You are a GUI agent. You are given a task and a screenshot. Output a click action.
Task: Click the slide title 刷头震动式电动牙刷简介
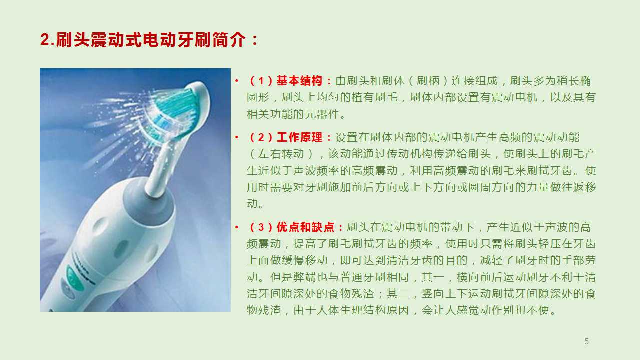click(x=151, y=39)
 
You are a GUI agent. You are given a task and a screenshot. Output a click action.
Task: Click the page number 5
click(x=586, y=341)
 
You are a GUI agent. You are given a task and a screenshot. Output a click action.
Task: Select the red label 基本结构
click(x=299, y=81)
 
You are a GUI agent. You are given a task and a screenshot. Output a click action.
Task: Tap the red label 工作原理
click(x=299, y=137)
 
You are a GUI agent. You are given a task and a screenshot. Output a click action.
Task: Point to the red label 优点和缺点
click(x=305, y=227)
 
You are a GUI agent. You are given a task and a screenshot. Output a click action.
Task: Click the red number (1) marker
click(x=261, y=81)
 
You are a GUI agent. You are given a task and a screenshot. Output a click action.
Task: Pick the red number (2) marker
click(x=261, y=137)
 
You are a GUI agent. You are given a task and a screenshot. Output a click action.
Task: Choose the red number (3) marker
click(x=261, y=227)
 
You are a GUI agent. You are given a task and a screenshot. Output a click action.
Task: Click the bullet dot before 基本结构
click(x=237, y=81)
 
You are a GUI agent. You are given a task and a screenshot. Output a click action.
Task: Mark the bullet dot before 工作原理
click(x=237, y=137)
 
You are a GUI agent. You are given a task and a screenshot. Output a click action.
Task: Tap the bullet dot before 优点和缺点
click(x=237, y=227)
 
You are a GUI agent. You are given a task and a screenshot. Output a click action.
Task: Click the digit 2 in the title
click(x=45, y=39)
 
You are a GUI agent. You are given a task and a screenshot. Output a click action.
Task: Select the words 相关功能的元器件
click(x=293, y=114)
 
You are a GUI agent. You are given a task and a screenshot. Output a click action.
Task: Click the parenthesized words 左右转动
click(x=281, y=154)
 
